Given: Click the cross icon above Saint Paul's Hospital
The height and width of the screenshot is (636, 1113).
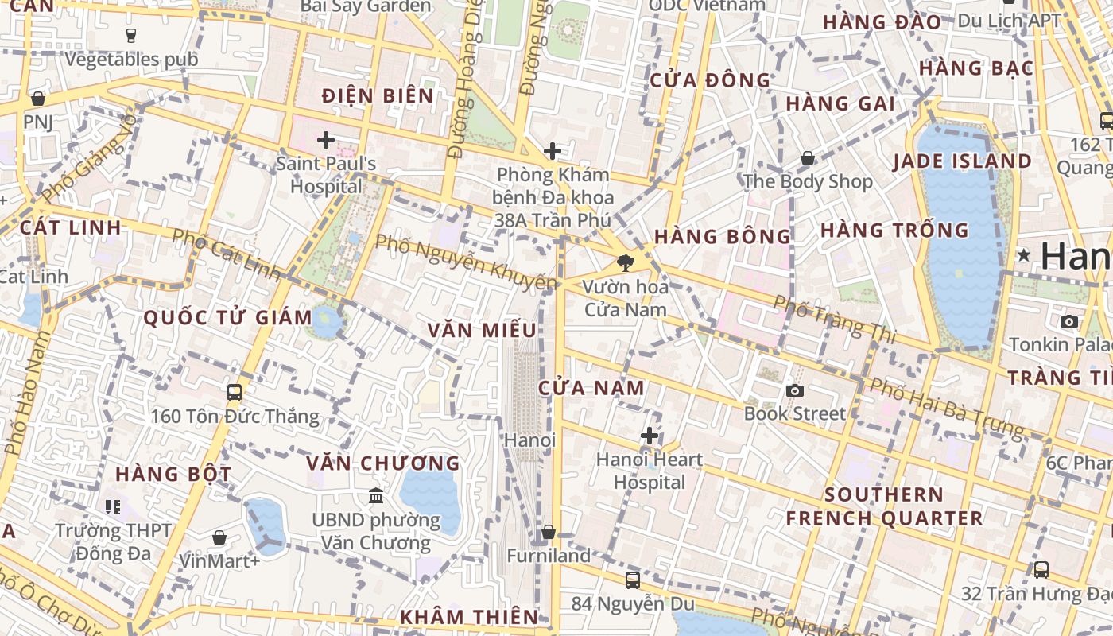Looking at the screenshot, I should (325, 141).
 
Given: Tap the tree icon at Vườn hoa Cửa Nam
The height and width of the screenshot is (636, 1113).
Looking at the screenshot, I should (626, 262).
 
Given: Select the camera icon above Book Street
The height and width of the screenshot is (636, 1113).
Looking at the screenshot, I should (794, 390).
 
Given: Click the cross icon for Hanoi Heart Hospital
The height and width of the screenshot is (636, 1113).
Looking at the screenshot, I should (650, 436).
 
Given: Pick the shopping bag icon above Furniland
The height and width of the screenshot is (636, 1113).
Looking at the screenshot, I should (548, 532).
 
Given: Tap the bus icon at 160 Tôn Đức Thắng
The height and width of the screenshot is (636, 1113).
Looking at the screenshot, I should (235, 392).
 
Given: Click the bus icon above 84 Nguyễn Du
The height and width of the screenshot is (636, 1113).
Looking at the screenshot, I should (633, 580).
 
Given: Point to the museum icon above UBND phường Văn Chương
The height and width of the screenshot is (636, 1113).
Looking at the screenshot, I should (376, 496).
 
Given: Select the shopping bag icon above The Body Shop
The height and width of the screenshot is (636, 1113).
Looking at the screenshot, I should (808, 158).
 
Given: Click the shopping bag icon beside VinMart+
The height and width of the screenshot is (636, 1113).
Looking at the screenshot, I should (219, 538).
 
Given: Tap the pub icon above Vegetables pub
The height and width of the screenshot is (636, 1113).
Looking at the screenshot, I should (131, 35).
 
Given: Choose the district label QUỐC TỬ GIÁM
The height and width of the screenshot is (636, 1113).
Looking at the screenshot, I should (227, 318).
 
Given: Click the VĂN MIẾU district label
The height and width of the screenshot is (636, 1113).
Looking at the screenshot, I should (482, 330).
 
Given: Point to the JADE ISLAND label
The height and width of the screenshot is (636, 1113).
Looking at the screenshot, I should (962, 161).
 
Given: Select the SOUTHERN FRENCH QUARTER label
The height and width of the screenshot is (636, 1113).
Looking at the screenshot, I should (884, 506).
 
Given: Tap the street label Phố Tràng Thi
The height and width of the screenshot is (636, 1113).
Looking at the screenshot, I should (834, 319).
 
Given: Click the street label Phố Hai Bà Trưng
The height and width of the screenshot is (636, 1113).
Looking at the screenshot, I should (945, 408).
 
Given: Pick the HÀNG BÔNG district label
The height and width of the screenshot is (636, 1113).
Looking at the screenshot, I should (723, 236).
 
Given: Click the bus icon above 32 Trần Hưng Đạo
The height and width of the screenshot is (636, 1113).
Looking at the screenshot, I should (1041, 570).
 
